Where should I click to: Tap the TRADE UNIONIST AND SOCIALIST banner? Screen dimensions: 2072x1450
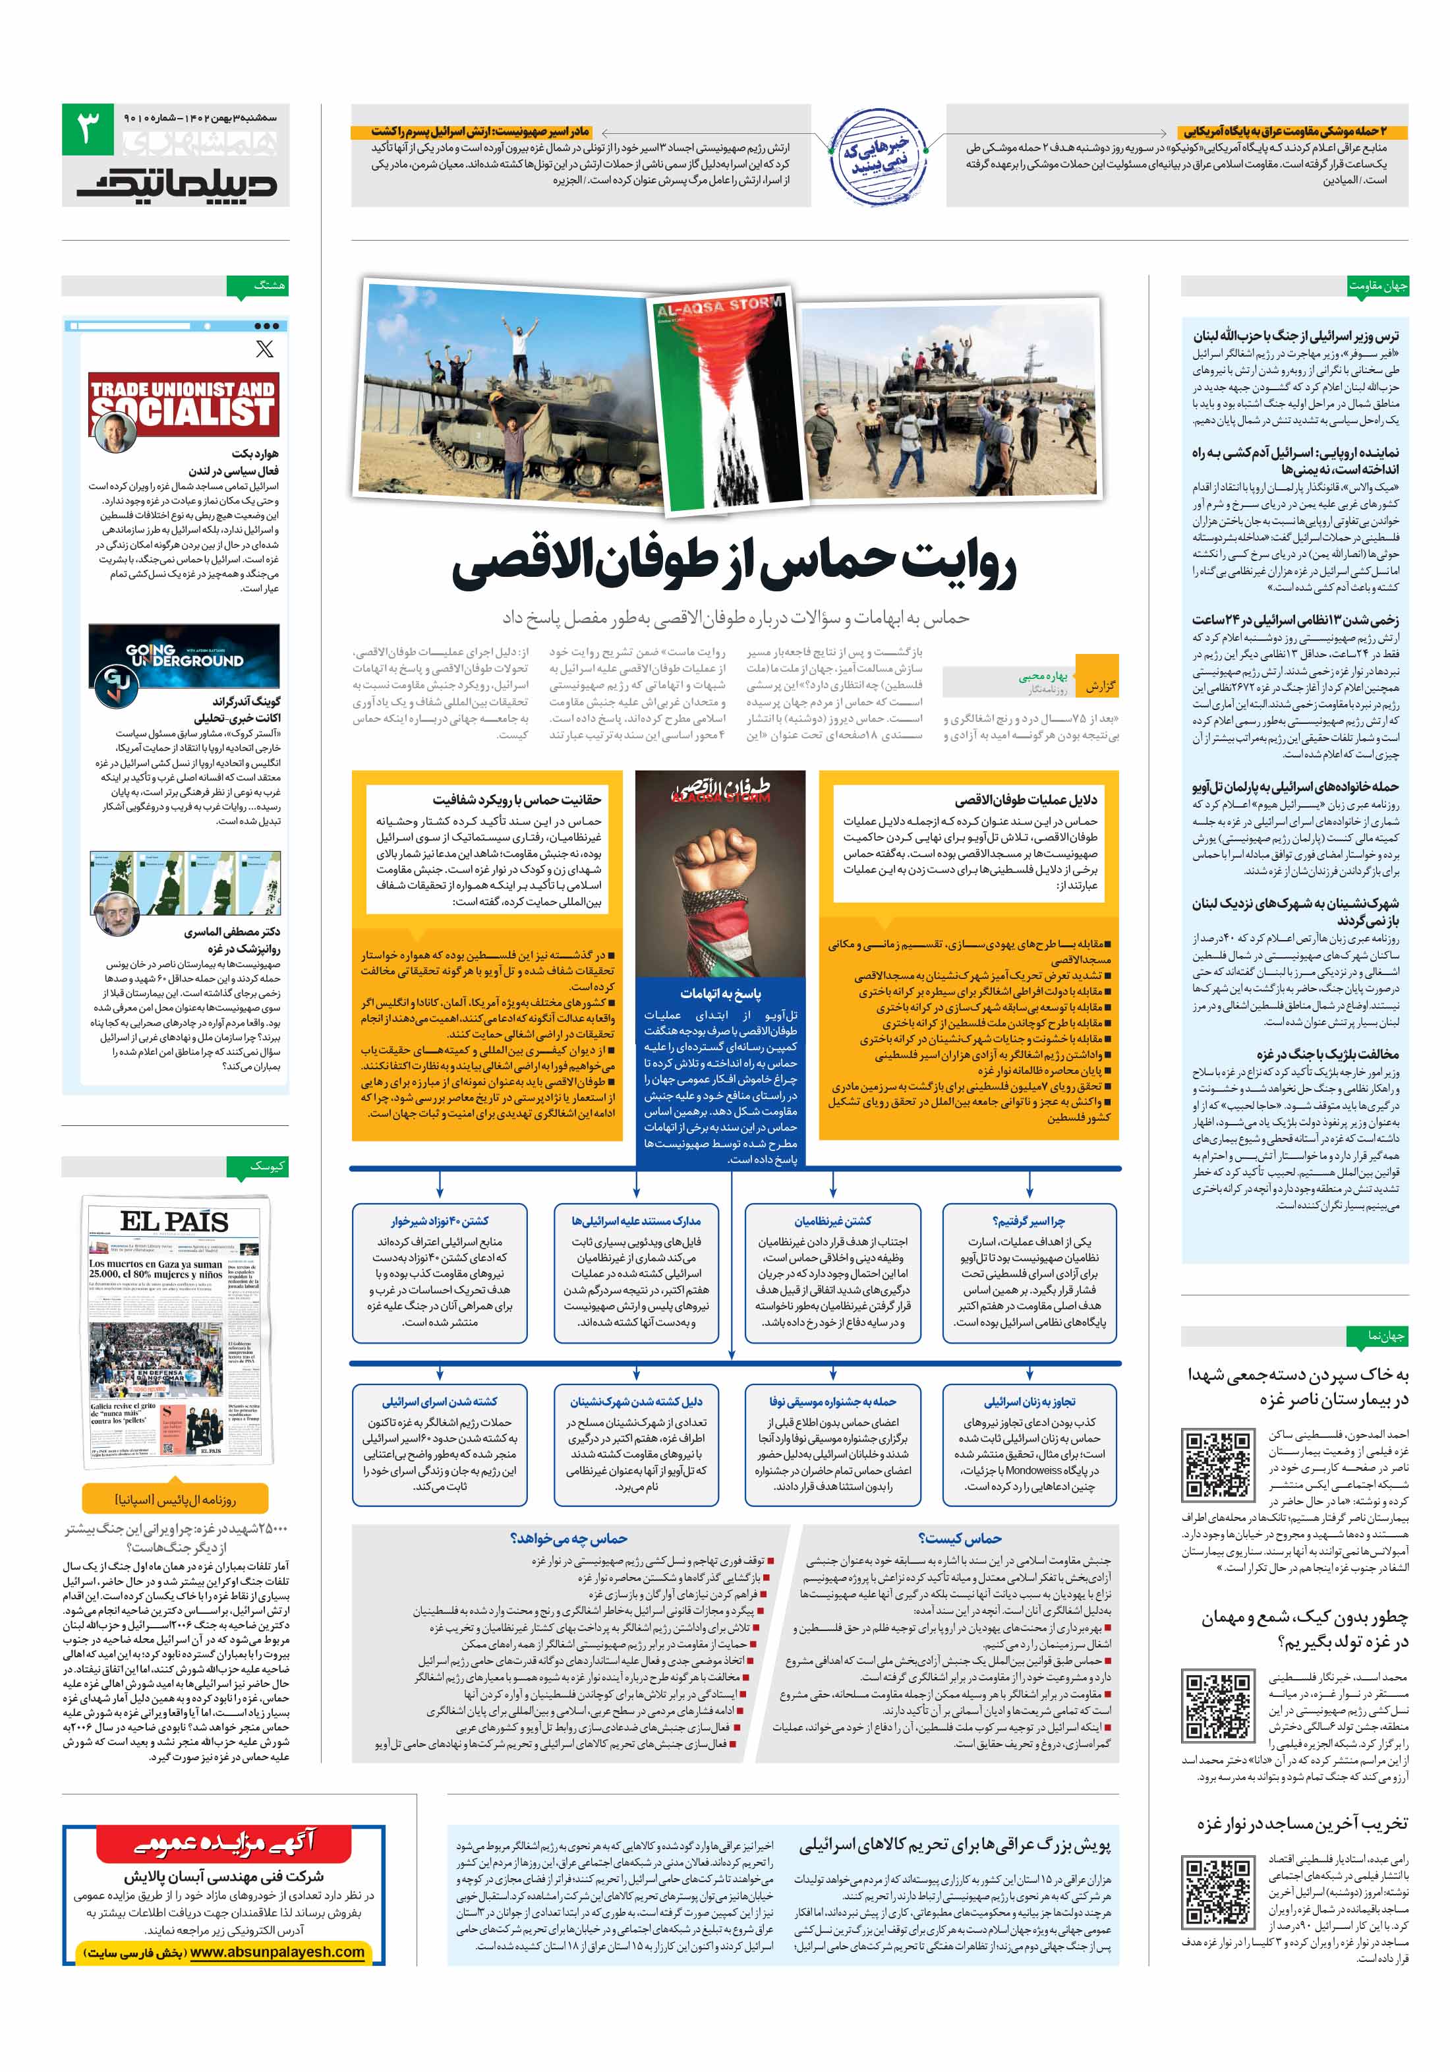tap(183, 403)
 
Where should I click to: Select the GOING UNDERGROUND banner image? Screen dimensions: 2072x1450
tap(183, 657)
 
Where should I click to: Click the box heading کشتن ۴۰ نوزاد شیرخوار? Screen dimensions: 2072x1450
tap(440, 1221)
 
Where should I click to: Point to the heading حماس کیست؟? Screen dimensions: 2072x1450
tap(959, 1538)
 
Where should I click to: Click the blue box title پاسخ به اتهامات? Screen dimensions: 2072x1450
tap(720, 993)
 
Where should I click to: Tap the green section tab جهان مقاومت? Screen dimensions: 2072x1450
tap(1377, 286)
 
